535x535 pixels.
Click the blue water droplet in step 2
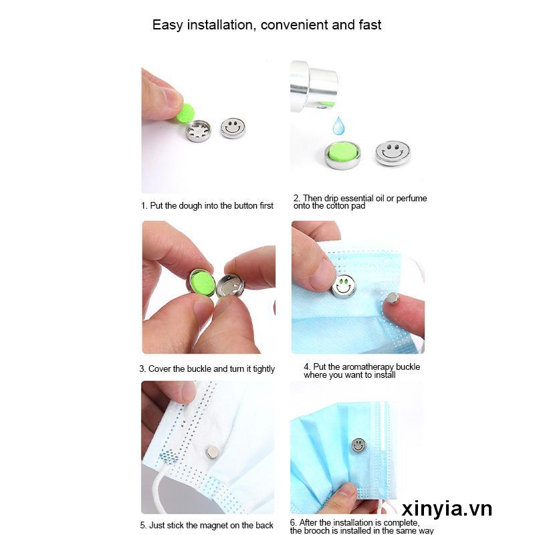coord(338,125)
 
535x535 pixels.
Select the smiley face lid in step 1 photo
coord(233,127)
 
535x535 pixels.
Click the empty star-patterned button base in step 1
coord(198,131)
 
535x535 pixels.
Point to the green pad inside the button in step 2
coord(343,150)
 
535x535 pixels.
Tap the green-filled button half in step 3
coord(203,283)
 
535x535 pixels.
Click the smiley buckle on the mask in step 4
coord(344,285)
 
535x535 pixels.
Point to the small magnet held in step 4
coord(393,298)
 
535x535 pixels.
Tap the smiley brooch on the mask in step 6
coord(358,445)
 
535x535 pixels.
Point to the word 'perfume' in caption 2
coord(412,199)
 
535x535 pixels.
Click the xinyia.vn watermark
coord(447,509)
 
